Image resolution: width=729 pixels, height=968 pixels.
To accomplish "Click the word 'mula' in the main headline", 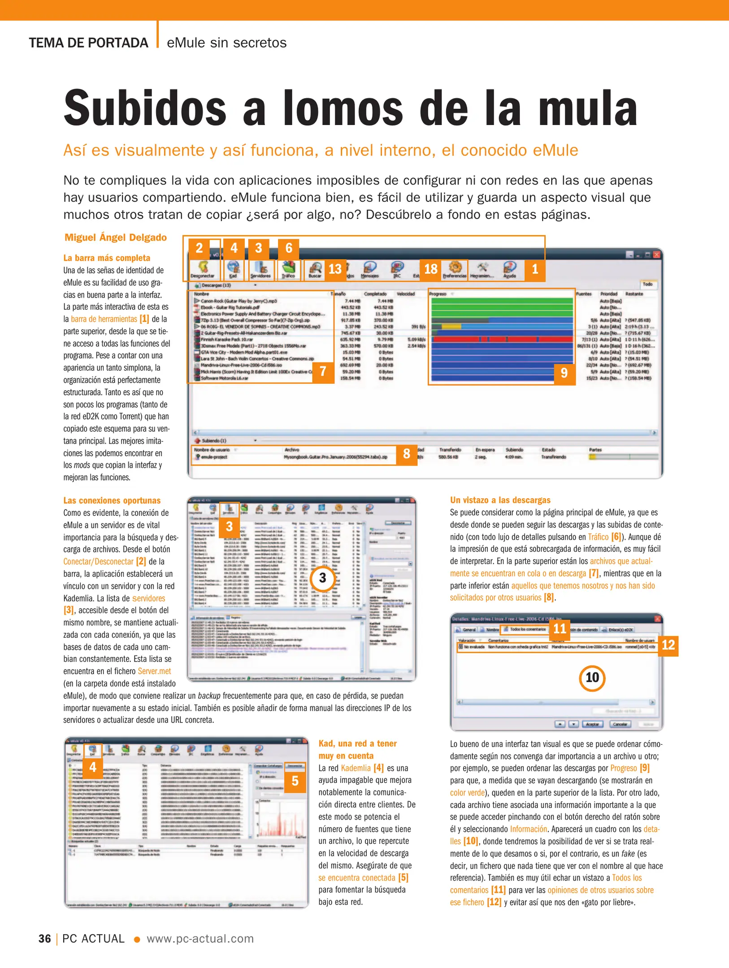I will click(x=587, y=108).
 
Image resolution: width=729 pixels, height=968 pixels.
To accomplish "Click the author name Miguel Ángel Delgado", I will click(x=115, y=238).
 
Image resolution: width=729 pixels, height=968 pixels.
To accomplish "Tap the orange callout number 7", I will click(x=323, y=372).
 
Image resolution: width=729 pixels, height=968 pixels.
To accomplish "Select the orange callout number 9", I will click(x=564, y=372).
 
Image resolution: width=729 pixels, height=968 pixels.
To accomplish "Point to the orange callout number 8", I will click(x=406, y=454).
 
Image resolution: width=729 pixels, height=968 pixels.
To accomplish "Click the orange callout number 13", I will click(x=335, y=269).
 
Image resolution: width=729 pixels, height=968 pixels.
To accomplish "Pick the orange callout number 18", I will click(x=430, y=269).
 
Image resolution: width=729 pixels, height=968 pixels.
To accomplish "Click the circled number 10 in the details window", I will click(x=592, y=678).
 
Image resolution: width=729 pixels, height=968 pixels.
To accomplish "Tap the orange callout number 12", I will click(x=668, y=645).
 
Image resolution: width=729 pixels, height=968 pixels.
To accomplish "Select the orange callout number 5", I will click(x=295, y=781).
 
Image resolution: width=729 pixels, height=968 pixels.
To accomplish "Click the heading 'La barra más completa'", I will click(x=107, y=258).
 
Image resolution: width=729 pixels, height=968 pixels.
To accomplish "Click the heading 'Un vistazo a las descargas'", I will click(x=500, y=500).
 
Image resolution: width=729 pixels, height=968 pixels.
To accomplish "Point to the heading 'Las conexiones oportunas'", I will click(x=112, y=501).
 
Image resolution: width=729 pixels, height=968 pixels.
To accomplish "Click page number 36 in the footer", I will click(x=45, y=939).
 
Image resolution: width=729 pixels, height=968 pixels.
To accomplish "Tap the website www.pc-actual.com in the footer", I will click(x=200, y=939).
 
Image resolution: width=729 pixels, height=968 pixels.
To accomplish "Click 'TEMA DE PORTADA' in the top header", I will click(x=88, y=43).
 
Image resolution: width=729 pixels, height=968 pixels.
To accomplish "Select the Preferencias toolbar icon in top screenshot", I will click(x=455, y=269).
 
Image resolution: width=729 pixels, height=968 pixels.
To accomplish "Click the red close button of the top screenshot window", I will click(x=656, y=255).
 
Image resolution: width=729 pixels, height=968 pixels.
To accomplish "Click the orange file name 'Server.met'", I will click(x=154, y=671).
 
